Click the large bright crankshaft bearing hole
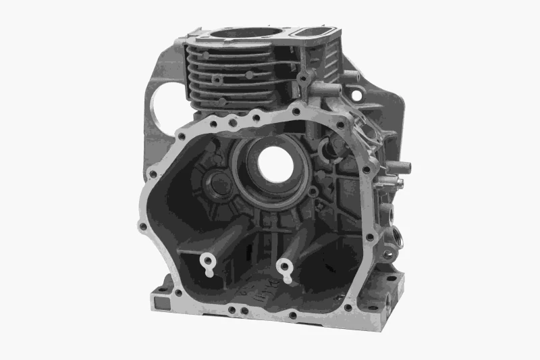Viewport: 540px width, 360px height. point(275,163)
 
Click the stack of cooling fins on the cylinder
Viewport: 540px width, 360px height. point(230,78)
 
